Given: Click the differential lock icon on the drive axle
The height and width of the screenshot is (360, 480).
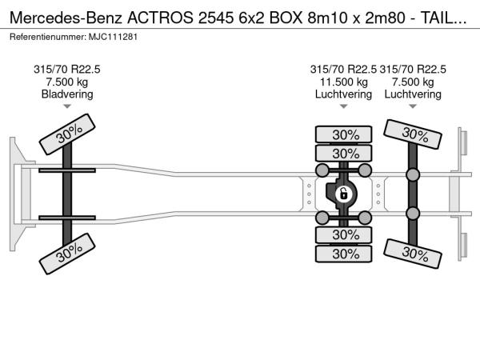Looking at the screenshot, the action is [343, 194].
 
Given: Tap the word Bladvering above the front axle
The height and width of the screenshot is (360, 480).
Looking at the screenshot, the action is [67, 94].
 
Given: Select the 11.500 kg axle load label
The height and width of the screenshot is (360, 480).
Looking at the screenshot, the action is [343, 82].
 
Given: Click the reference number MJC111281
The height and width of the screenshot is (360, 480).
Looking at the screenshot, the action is [113, 37].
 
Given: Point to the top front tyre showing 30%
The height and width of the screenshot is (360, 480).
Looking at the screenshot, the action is [67, 134].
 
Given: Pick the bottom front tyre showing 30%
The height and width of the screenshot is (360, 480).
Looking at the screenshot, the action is [67, 254].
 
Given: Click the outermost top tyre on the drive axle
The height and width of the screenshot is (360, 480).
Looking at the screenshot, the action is [344, 134].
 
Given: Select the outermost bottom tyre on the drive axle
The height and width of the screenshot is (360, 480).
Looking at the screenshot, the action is [344, 254].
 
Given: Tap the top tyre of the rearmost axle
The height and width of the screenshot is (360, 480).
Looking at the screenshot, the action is [413, 134].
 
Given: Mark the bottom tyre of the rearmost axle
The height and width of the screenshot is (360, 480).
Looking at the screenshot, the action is [413, 254].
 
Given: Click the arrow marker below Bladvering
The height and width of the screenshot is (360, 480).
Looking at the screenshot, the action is [67, 106].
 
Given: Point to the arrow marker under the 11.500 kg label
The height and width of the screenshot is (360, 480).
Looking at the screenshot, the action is [343, 106].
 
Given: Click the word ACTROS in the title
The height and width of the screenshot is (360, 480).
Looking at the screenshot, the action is [161, 18].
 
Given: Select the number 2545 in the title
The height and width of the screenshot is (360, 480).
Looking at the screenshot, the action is [216, 18].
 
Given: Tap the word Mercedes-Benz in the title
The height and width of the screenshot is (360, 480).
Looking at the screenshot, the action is [66, 18].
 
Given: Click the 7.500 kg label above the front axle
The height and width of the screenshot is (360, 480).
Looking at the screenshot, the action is [67, 82].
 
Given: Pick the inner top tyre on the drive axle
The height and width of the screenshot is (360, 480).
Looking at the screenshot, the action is [344, 153].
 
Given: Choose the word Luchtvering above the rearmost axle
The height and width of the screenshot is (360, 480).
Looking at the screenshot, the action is [413, 94].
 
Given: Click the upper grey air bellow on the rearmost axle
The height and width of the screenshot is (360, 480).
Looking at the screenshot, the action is [413, 174].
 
